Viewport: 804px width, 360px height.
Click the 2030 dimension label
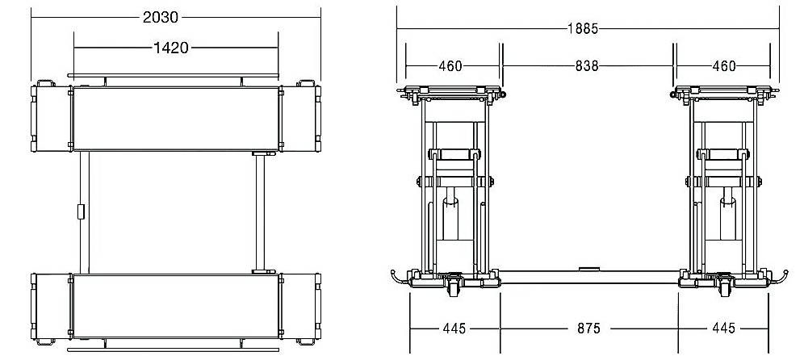click(x=161, y=18)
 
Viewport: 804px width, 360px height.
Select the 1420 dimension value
click(x=171, y=48)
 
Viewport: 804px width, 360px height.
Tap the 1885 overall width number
click(x=583, y=29)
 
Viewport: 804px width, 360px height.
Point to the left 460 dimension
click(x=450, y=66)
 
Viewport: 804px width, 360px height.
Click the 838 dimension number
click(x=587, y=66)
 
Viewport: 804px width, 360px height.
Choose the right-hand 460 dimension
click(x=724, y=66)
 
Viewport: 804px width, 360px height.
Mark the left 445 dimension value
click(x=454, y=329)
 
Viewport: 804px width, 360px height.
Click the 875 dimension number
click(x=588, y=329)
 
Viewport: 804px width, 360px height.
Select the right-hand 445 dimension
click(x=723, y=329)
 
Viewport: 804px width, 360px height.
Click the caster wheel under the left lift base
click(x=454, y=287)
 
